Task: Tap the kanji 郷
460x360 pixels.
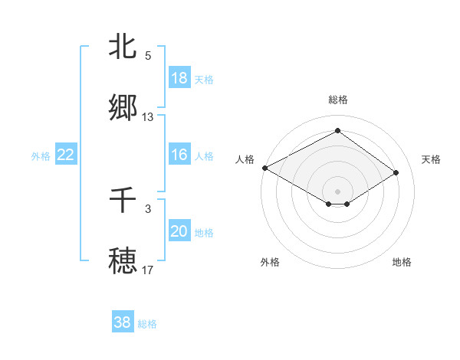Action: pyautogui.click(x=123, y=107)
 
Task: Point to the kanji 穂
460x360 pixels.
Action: pyautogui.click(x=123, y=260)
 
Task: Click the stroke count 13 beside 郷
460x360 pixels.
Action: pyautogui.click(x=148, y=117)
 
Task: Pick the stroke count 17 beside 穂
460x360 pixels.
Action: pyautogui.click(x=148, y=270)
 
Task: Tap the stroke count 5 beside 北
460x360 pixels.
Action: pyautogui.click(x=148, y=56)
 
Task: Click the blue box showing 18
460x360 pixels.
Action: pyautogui.click(x=179, y=78)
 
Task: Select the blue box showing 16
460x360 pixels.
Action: pyautogui.click(x=179, y=155)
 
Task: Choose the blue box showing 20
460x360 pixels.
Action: pyautogui.click(x=179, y=231)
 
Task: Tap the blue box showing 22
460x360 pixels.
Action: pyautogui.click(x=66, y=155)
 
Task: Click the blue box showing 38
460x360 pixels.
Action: pyautogui.click(x=123, y=322)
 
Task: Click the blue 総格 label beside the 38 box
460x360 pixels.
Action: pyautogui.click(x=148, y=324)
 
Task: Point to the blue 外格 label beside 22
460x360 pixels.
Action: pyautogui.click(x=41, y=156)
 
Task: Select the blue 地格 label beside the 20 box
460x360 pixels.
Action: pyautogui.click(x=204, y=233)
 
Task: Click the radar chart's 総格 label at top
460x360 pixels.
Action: pyautogui.click(x=337, y=100)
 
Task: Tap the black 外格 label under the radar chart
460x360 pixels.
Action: pyautogui.click(x=270, y=262)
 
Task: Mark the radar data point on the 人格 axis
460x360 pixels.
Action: pyautogui.click(x=264, y=168)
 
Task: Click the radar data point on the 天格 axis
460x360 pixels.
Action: pyautogui.click(x=396, y=173)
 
